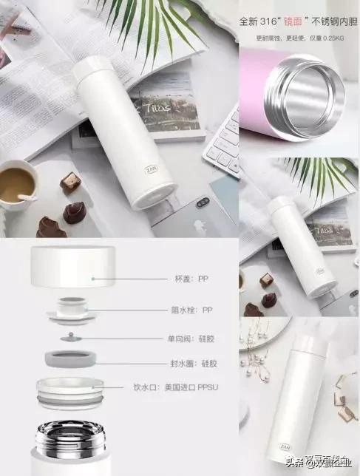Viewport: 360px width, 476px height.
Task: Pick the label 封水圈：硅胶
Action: point(194,364)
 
